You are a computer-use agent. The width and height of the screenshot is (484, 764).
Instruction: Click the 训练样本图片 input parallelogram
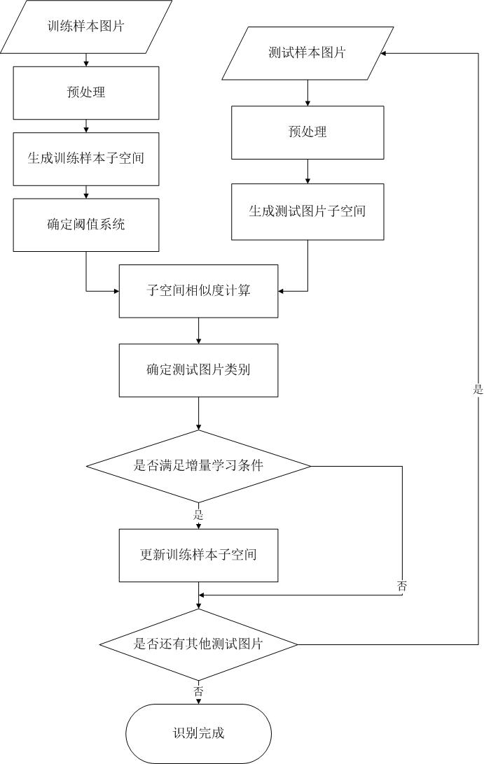[85, 27]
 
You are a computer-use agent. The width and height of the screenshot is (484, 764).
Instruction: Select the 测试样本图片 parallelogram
[307, 53]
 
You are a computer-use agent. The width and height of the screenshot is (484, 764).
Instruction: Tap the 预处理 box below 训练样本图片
[85, 92]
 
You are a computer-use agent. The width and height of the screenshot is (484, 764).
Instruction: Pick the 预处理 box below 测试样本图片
[307, 132]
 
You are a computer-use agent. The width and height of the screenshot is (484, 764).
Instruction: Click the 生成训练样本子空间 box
[85, 159]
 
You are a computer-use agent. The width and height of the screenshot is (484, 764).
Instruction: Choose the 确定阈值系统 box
[85, 225]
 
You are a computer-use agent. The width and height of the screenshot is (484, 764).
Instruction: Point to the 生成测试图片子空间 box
[307, 211]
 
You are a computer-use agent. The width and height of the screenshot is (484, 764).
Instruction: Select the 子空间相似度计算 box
[198, 290]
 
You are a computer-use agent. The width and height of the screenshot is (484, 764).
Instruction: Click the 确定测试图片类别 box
[198, 370]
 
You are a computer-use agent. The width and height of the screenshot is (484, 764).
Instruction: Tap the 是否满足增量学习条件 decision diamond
[198, 466]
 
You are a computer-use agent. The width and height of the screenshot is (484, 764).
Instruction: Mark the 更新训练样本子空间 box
[198, 556]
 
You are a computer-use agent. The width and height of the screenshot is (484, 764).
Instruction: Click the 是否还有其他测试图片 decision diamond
[198, 644]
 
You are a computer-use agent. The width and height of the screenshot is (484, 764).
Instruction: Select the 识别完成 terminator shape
[198, 733]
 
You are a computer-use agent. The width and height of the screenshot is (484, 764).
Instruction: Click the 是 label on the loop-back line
[478, 390]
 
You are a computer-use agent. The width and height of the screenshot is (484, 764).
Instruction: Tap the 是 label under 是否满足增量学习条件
[198, 515]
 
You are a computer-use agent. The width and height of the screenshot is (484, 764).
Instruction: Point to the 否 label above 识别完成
[198, 691]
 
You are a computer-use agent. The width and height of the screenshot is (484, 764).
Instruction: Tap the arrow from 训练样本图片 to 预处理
[85, 59]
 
